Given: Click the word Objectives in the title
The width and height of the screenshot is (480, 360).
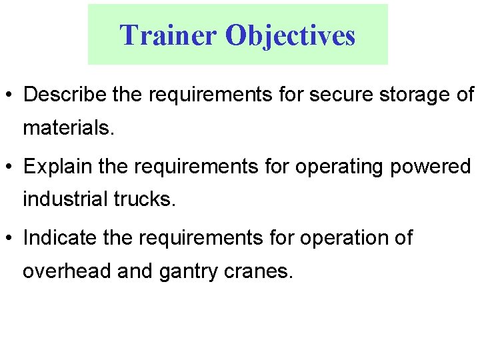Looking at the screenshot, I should [291, 35].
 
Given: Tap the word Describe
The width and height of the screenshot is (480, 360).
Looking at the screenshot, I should [65, 95].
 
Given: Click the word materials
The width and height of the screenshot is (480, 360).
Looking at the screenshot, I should [69, 127].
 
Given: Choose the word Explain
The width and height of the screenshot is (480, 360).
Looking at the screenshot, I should [58, 167].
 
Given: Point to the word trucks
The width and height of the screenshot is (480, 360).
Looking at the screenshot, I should [145, 199].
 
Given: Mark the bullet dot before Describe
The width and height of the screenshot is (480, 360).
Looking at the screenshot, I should [11, 95].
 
